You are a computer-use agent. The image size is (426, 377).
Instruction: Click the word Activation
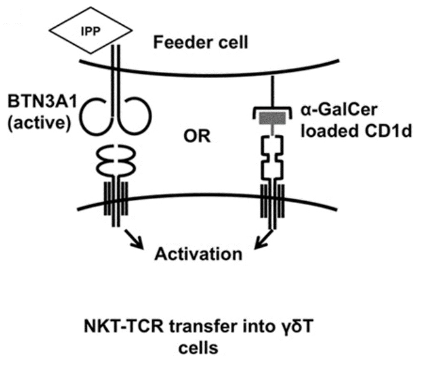point(198,253)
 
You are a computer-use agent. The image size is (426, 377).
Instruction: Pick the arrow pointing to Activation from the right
point(262,240)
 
